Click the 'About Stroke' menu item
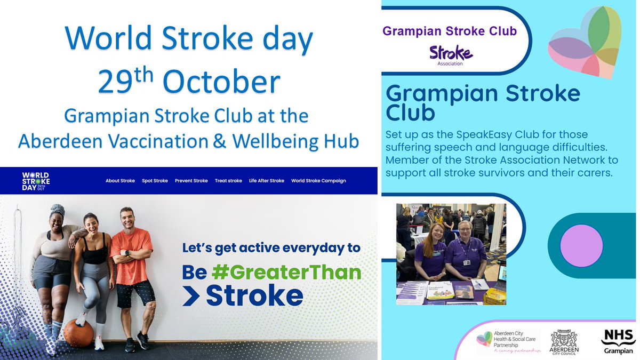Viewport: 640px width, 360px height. [120, 181]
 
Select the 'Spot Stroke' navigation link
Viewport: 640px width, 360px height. [155, 181]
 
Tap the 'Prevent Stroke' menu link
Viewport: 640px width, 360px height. [191, 181]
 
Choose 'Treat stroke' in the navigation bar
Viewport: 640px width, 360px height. [228, 181]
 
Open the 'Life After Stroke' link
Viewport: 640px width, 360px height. [266, 181]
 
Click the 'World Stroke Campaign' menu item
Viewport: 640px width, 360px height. [318, 181]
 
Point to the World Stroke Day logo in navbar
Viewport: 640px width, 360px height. [36, 181]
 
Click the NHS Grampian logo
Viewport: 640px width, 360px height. [618, 342]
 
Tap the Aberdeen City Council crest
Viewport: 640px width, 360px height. [564, 342]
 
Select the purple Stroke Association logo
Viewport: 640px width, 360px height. [451, 55]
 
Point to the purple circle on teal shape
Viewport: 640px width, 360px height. [582, 246]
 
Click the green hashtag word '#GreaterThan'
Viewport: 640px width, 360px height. [286, 273]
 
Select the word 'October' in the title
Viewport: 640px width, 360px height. [221, 83]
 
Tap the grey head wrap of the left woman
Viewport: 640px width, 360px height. [57, 213]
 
